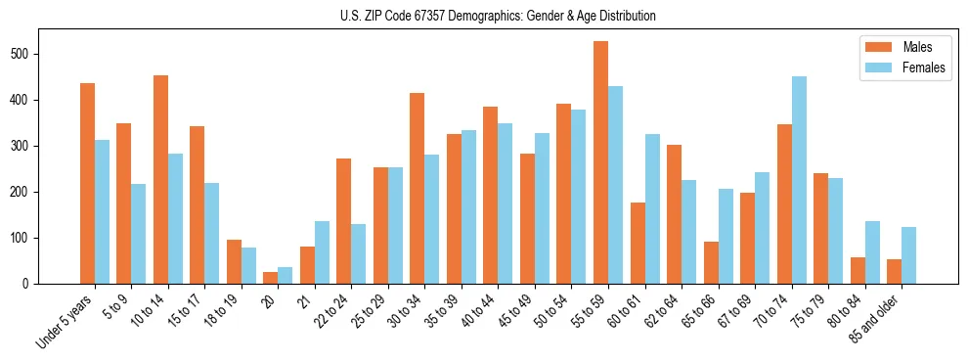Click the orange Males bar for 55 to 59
[x=600, y=162]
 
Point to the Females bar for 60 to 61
[x=652, y=208]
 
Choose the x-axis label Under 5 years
[x=65, y=320]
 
